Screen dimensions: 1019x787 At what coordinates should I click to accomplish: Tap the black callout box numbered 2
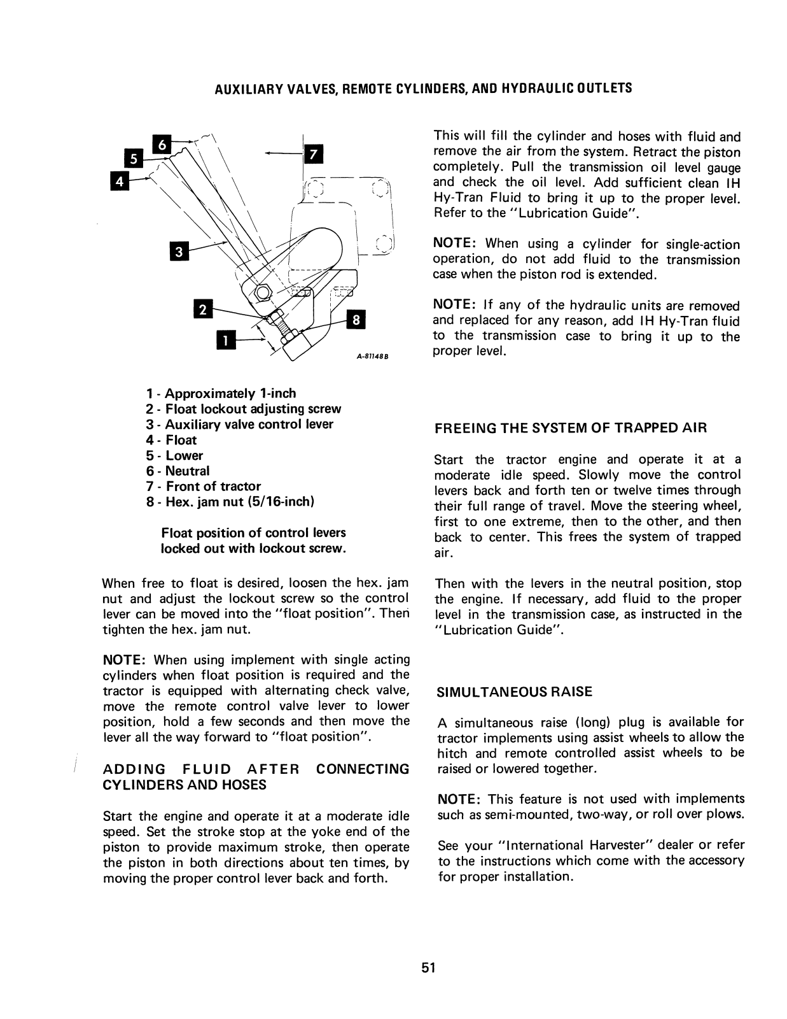202,310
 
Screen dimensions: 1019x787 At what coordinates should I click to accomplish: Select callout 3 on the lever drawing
179,252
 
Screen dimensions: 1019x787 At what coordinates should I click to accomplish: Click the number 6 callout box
162,145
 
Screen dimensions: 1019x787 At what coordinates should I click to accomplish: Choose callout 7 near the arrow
312,155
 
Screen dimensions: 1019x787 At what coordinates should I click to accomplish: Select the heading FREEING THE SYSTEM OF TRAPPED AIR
571,429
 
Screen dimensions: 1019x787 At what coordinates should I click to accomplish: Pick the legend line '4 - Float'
172,440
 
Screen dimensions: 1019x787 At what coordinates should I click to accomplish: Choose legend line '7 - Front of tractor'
204,487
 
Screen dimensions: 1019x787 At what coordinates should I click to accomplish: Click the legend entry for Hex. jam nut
230,502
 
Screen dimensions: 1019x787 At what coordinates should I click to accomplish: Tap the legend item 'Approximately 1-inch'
221,394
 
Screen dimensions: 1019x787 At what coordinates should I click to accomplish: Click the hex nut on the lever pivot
261,293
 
